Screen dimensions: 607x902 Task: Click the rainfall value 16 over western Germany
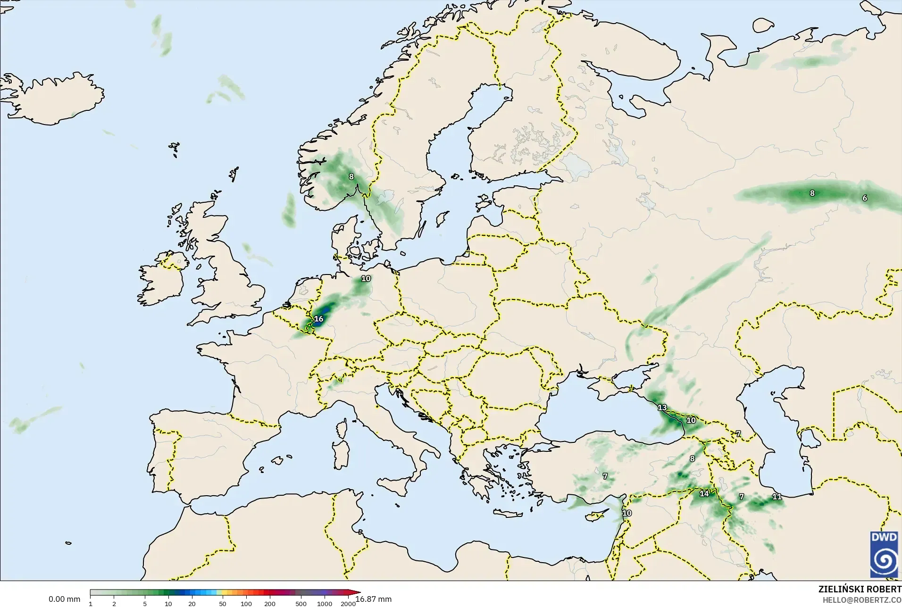(319, 319)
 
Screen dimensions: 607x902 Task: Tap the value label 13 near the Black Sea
(662, 407)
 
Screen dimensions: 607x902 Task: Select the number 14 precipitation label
(704, 494)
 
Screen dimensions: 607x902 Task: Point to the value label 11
(777, 497)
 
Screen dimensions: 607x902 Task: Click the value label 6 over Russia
(865, 198)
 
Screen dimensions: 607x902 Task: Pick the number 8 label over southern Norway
(351, 177)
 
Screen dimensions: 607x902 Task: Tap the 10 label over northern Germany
(366, 279)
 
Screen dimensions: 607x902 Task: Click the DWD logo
(884, 554)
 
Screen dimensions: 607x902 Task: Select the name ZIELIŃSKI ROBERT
(860, 590)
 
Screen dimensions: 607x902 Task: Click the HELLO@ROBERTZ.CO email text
(862, 600)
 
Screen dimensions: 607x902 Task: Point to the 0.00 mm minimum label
(64, 599)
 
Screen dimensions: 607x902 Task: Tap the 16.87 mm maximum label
(374, 599)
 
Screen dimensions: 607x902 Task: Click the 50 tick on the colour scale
(222, 604)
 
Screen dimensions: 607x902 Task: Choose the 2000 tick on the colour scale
(348, 604)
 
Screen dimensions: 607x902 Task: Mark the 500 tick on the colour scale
(301, 604)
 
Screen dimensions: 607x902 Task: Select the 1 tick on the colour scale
(91, 604)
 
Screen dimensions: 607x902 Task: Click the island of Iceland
(61, 99)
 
